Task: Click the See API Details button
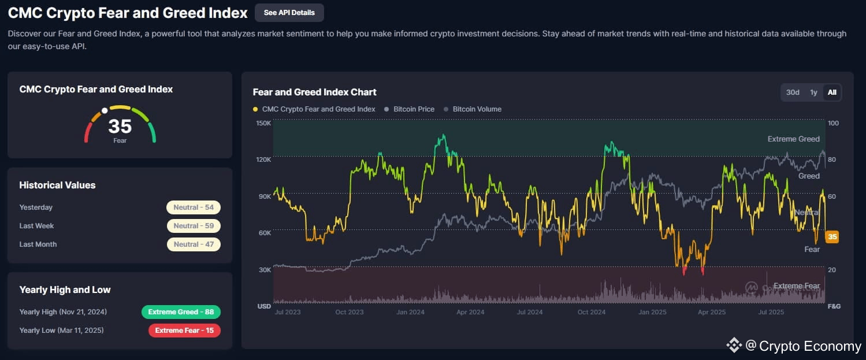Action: click(x=289, y=12)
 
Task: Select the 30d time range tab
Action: click(x=793, y=92)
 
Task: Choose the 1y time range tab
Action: click(x=813, y=92)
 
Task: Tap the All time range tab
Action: click(x=832, y=92)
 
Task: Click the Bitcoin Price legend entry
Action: click(x=413, y=109)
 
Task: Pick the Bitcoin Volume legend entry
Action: click(x=477, y=109)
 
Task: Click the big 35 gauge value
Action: click(x=120, y=126)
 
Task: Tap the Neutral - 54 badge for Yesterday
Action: click(x=194, y=207)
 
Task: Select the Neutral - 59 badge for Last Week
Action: click(x=194, y=226)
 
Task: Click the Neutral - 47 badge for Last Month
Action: click(x=194, y=244)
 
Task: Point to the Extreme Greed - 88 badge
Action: click(x=181, y=312)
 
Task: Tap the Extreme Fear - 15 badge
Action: click(x=184, y=331)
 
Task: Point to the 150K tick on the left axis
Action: click(x=263, y=123)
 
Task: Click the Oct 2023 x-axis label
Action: click(x=349, y=312)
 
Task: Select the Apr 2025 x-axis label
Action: click(x=712, y=312)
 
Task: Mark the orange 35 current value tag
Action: click(x=832, y=236)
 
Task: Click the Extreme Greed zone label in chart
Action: click(x=793, y=139)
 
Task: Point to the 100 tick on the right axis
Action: click(x=833, y=123)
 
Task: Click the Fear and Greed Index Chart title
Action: click(x=315, y=92)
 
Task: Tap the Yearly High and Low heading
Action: click(x=65, y=290)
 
